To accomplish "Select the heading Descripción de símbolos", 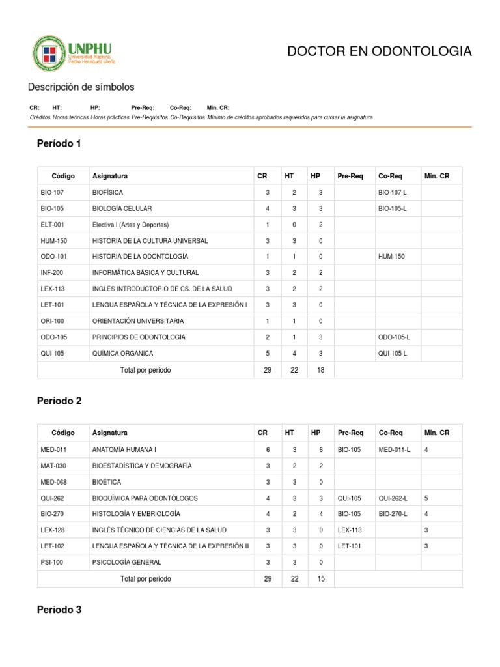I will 81,87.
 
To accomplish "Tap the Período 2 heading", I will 59,401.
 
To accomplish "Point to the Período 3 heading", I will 59,610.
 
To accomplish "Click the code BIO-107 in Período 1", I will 51,193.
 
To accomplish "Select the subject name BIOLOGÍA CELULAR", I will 122,208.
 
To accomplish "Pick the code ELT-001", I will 51,225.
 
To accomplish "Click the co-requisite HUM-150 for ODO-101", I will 391,257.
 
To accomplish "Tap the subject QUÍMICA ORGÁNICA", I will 122,354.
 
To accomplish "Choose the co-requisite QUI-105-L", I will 393,354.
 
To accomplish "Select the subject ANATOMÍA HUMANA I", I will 124,449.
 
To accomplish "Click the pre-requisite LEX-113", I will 349,530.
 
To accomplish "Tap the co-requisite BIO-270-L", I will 393,514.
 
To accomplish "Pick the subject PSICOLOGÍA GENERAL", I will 126,562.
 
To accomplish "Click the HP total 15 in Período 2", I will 320,578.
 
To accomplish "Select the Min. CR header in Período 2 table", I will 436,433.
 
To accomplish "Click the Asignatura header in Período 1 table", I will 110,177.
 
